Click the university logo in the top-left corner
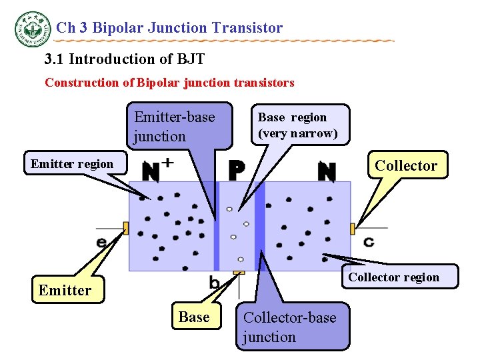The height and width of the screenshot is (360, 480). coord(32,29)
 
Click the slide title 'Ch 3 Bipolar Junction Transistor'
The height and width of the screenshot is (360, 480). coord(169,28)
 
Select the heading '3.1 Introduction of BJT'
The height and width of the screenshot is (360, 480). coord(124,59)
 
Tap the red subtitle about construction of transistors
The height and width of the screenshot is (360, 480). coord(169,83)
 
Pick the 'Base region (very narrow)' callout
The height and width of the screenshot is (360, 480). coord(297,125)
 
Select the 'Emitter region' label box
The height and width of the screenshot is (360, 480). coord(73,164)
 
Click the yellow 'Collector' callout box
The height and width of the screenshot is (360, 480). coord(406,166)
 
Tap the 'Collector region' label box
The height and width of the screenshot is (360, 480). coord(393,277)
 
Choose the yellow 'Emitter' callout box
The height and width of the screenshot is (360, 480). coord(65,290)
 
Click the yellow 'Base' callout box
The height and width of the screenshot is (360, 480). coord(194,317)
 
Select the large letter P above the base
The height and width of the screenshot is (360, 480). coord(236,171)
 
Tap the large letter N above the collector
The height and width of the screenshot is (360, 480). coord(326,171)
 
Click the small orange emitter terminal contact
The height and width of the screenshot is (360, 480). coord(125,229)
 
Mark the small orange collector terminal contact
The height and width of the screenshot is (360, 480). coord(352,229)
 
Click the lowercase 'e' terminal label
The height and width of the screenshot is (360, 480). coord(102,242)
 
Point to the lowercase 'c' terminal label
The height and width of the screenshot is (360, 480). coord(368,241)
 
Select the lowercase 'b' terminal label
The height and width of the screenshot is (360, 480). coord(215,283)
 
